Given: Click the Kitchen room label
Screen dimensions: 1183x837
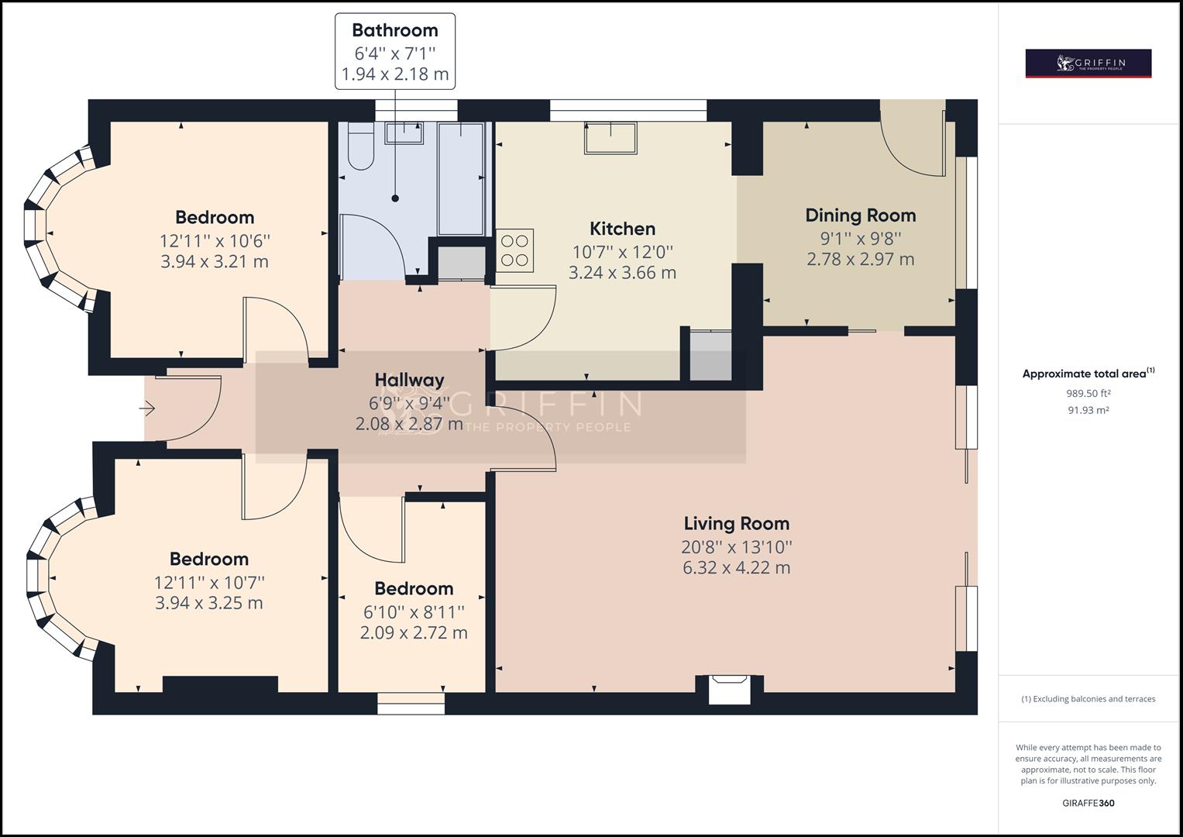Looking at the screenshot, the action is (x=622, y=229).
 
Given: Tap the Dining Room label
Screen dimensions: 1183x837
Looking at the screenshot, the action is (x=860, y=215).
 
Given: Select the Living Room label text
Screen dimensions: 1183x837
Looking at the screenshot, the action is (x=737, y=524).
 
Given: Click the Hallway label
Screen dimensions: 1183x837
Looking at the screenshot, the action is (x=409, y=381).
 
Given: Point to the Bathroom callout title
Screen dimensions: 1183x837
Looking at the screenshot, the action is (x=395, y=31).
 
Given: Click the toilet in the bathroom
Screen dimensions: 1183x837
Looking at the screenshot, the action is (x=361, y=146).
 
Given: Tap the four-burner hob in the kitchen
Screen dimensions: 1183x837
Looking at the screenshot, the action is (x=514, y=250).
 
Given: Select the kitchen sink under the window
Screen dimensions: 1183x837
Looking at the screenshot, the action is (x=610, y=138).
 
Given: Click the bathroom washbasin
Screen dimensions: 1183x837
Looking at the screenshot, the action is (x=404, y=133).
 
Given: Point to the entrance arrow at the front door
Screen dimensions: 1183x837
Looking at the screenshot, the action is (x=147, y=408).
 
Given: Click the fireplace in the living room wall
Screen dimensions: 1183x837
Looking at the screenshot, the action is (x=729, y=690).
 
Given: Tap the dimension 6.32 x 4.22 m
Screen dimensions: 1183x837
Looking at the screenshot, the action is (x=737, y=568).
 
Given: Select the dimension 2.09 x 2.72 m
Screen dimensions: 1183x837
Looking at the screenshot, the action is (x=414, y=633).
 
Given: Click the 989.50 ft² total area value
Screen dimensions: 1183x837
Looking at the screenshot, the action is (x=1088, y=393).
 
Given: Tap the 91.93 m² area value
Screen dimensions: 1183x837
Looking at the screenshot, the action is (x=1088, y=410).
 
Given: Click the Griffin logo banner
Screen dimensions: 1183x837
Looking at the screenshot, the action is (x=1088, y=64).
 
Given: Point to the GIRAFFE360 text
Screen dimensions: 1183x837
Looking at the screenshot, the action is (x=1088, y=803).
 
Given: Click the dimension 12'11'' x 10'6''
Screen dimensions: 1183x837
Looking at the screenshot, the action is (x=215, y=242).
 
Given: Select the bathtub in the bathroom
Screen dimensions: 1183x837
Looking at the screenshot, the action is (x=461, y=178).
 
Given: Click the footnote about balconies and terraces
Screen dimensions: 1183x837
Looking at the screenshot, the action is (x=1088, y=699).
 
